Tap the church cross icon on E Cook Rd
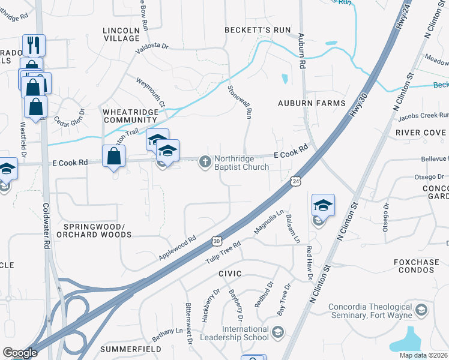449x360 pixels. click(205, 161)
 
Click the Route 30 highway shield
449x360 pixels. click(216, 241)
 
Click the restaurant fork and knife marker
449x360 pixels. click(34, 45)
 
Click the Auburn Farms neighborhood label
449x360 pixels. click(312, 103)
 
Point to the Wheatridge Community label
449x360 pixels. click(130, 116)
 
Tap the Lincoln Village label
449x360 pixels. click(121, 34)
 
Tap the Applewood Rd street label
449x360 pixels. click(178, 248)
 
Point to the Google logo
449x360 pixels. click(20, 353)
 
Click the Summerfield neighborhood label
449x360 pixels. click(130, 349)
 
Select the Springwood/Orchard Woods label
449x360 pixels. click(94, 230)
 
